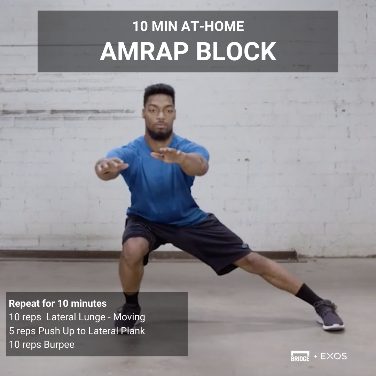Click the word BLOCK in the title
click(x=236, y=52)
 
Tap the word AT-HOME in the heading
click(x=212, y=26)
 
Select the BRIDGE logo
click(x=300, y=356)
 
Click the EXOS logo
click(x=334, y=356)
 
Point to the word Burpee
click(x=59, y=345)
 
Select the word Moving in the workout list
click(x=129, y=317)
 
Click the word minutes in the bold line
click(x=89, y=304)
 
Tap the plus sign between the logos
click(x=315, y=357)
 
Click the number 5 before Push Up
click(x=11, y=331)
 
